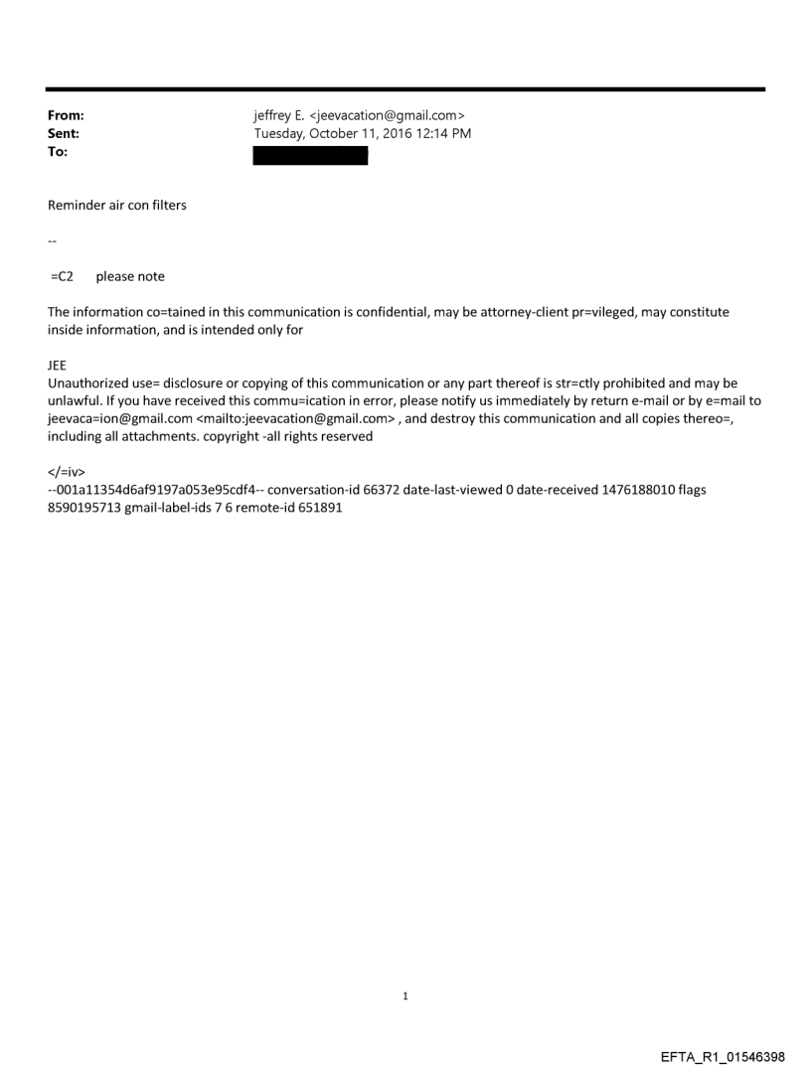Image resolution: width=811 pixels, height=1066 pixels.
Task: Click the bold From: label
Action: click(x=66, y=116)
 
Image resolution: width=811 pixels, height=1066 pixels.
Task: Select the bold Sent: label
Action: click(x=64, y=134)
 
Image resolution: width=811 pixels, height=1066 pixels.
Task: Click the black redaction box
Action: click(x=310, y=155)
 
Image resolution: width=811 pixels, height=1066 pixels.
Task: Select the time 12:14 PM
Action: click(x=443, y=134)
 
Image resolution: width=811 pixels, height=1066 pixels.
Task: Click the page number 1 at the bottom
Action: click(x=405, y=995)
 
